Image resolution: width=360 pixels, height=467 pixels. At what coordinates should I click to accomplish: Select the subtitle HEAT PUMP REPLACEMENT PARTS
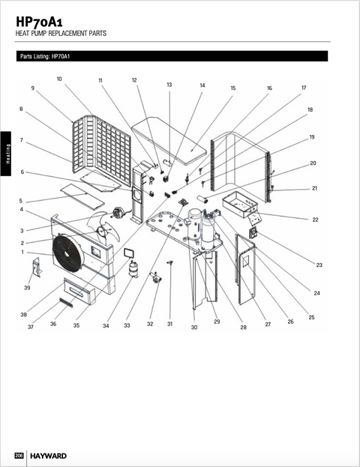61,34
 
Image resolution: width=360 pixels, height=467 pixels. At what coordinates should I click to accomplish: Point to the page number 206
20,456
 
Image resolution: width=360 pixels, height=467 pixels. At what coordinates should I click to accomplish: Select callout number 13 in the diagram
169,85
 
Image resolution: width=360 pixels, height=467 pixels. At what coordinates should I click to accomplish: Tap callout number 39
28,288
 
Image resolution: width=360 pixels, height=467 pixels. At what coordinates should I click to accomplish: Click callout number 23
319,265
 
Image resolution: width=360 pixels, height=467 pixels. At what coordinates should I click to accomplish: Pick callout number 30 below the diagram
194,328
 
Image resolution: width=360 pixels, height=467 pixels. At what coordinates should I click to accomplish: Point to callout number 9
33,88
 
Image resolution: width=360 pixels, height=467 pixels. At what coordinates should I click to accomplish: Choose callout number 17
304,88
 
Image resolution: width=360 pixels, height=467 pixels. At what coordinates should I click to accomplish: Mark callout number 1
23,252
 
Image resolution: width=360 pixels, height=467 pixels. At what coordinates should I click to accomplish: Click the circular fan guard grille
69,256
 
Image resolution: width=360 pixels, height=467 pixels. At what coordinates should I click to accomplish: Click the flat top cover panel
172,139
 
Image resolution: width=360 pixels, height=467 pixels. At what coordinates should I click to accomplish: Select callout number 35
76,325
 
